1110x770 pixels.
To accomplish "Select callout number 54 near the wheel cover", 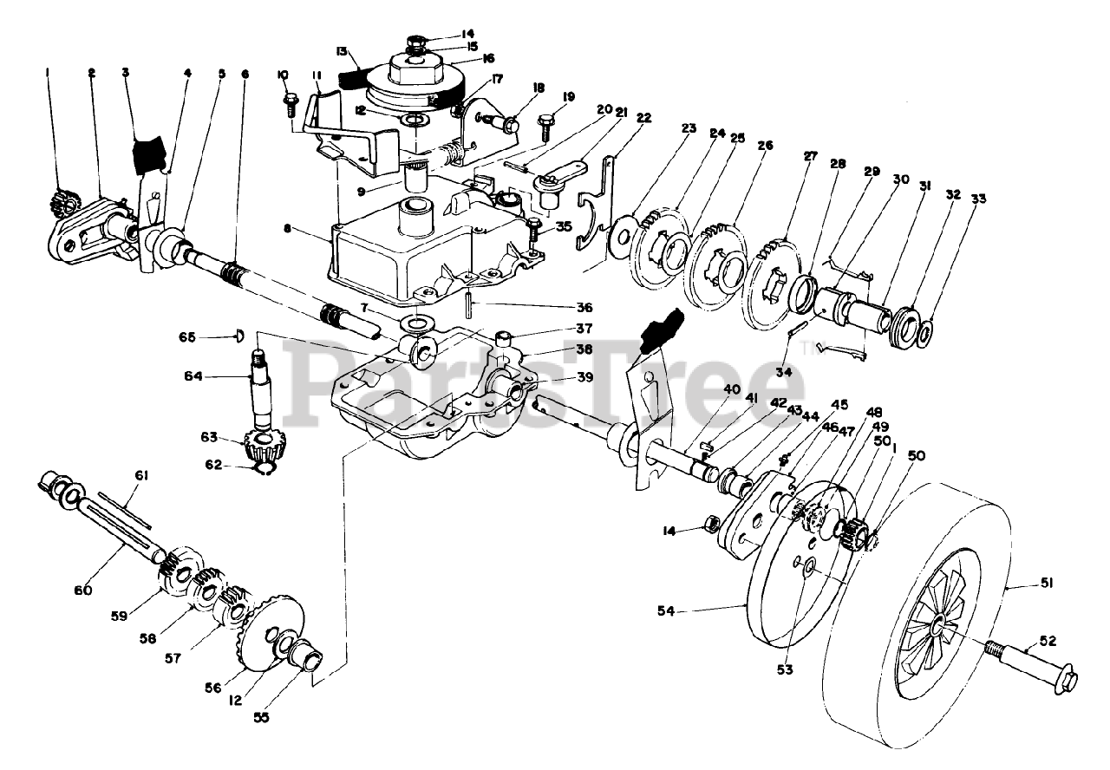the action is pos(666,611).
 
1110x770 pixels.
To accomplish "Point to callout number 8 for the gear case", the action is pos(286,229).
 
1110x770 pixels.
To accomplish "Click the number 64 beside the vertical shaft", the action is pos(193,376).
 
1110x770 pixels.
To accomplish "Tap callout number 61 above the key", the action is pos(141,476).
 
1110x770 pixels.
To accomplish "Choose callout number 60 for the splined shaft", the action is pos(83,591).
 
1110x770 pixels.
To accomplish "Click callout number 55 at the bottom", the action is pos(261,717).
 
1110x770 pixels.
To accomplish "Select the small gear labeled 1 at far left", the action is pos(61,204).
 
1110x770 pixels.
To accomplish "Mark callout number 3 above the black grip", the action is pos(126,72).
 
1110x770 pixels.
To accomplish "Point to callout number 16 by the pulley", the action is pos(487,58).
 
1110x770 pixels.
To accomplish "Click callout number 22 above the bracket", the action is pos(643,118).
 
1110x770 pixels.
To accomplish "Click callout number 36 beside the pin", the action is pos(584,307).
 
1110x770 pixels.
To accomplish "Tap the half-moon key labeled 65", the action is pos(238,336).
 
